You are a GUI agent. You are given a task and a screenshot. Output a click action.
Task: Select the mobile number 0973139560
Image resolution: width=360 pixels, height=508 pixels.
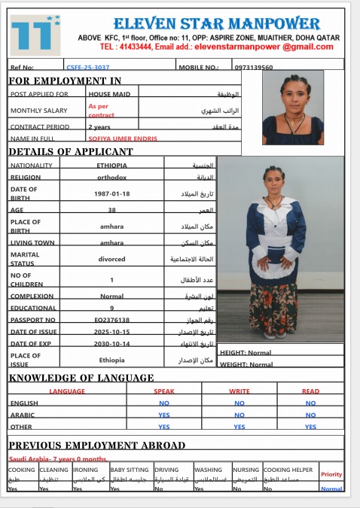(x=254, y=67)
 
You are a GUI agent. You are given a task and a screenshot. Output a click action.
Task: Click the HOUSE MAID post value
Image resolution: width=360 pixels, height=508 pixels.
(x=109, y=94)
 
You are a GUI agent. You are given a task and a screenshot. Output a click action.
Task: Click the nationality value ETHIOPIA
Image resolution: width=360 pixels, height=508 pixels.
(x=111, y=165)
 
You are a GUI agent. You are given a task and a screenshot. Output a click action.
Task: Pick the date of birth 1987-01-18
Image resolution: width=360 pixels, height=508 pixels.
(x=111, y=193)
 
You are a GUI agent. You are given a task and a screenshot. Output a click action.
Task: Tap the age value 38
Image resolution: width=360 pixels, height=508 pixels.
(x=111, y=210)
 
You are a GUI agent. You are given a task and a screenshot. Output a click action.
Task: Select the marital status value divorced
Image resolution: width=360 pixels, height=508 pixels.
(x=111, y=259)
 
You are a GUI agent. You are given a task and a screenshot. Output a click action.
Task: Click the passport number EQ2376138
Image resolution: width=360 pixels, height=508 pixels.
(x=111, y=320)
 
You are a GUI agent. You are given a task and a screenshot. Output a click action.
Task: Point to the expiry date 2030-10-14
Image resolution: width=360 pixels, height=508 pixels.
(x=111, y=343)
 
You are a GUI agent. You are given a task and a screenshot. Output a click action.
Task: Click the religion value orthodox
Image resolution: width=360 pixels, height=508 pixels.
(x=111, y=178)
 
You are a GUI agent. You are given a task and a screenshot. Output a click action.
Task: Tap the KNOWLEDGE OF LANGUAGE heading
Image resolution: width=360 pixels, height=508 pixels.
(x=81, y=378)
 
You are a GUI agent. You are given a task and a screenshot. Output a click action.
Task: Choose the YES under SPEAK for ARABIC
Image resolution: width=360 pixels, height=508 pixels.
(x=164, y=415)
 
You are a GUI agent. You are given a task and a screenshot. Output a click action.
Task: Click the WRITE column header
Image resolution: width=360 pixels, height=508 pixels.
(x=239, y=391)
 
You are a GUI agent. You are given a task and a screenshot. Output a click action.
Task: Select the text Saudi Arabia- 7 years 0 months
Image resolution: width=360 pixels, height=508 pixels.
(x=57, y=458)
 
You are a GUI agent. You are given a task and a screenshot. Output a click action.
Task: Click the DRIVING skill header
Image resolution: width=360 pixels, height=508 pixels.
(x=167, y=469)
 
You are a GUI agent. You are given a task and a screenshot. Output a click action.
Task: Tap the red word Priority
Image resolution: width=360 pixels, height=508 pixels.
(x=331, y=474)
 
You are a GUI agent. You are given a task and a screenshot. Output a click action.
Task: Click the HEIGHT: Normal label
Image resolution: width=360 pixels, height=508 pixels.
(x=246, y=352)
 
